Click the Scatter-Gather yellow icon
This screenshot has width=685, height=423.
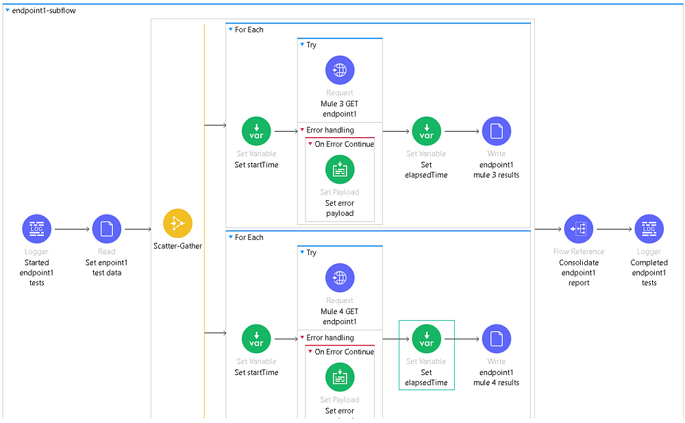(x=177, y=223)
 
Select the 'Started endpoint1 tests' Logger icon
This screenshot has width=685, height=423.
(x=36, y=229)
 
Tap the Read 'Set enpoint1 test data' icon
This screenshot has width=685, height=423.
(x=107, y=229)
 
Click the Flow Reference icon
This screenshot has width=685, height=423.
(x=579, y=229)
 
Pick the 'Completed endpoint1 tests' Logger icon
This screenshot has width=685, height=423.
(x=649, y=229)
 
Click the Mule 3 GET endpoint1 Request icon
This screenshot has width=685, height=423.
(x=340, y=70)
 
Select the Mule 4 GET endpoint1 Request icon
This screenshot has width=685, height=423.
(x=340, y=278)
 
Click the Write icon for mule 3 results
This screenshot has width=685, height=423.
(x=497, y=131)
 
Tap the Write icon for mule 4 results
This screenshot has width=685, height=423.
(x=497, y=339)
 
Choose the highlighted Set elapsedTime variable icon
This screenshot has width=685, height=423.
(x=426, y=339)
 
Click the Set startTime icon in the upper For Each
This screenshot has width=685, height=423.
(x=256, y=131)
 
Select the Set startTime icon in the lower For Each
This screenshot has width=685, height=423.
(x=256, y=339)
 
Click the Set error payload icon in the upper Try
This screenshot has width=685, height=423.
(x=340, y=169)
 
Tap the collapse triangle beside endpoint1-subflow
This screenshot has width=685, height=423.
(x=8, y=10)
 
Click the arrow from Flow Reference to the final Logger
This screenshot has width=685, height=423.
(x=614, y=229)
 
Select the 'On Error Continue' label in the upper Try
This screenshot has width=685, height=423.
(x=344, y=144)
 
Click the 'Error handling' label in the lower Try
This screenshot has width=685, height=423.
(x=329, y=337)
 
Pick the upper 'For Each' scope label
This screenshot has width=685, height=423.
(x=249, y=29)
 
